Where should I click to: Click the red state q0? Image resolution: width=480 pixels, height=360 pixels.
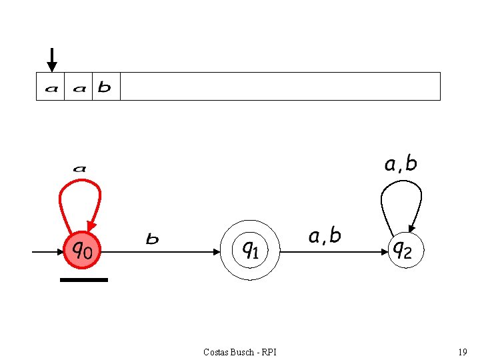[x=82, y=250]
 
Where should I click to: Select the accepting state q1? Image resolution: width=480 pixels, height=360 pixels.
[x=250, y=251]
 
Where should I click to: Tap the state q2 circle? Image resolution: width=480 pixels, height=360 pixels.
[x=405, y=251]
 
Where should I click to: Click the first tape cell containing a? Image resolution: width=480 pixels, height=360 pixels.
[x=51, y=87]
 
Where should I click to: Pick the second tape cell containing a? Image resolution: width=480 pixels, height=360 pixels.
[x=79, y=87]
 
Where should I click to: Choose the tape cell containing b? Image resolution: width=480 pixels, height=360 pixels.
[x=105, y=87]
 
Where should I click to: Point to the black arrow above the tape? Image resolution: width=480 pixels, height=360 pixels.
[x=52, y=59]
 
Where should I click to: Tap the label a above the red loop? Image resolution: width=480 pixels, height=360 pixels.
[x=79, y=169]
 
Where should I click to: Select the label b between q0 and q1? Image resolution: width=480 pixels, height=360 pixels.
[x=153, y=239]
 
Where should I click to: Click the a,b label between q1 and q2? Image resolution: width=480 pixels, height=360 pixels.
[x=325, y=236]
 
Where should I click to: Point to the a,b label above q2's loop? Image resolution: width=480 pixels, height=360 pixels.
[x=401, y=164]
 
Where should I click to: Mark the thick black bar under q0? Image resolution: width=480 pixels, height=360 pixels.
[x=84, y=280]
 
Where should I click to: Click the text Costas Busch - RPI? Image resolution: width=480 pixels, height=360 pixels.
[x=240, y=351]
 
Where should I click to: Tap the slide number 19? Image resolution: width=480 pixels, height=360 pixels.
[x=462, y=351]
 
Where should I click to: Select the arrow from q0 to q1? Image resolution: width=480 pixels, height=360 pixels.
[x=160, y=252]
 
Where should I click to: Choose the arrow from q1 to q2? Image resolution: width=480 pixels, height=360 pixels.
[x=333, y=252]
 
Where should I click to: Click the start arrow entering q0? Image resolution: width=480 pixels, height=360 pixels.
[x=47, y=252]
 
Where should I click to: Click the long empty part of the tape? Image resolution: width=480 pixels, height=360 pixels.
[x=280, y=87]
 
